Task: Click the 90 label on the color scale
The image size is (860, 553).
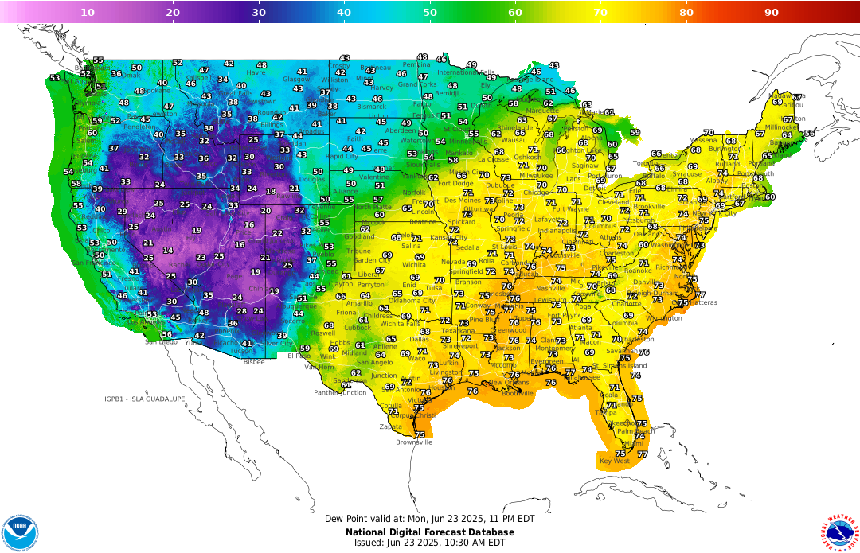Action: [x=772, y=12]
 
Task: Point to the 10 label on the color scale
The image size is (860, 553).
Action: [x=88, y=12]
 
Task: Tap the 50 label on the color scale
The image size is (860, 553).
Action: [x=430, y=12]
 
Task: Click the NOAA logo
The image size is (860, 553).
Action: [x=20, y=532]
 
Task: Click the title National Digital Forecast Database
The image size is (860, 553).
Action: [x=430, y=532]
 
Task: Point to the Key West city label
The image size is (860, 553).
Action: [x=614, y=461]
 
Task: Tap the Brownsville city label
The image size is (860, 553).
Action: [x=414, y=442]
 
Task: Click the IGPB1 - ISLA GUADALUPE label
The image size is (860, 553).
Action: [x=145, y=399]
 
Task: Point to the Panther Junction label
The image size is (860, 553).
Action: [x=340, y=392]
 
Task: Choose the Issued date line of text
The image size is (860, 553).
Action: [x=430, y=543]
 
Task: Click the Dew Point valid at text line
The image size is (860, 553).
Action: [x=430, y=518]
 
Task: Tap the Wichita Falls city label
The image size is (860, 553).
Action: [x=402, y=324]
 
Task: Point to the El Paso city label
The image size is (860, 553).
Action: [x=299, y=356]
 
